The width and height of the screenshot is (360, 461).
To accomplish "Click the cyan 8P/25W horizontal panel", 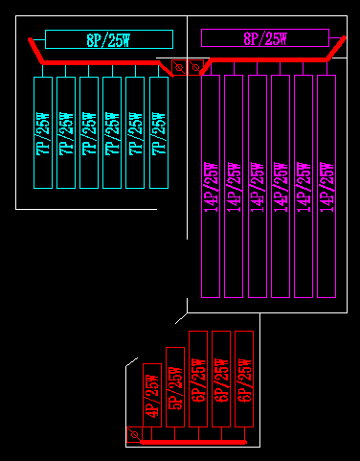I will [108, 39].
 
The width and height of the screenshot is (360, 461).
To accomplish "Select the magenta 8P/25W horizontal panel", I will [263, 38].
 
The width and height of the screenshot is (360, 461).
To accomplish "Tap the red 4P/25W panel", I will [150, 395].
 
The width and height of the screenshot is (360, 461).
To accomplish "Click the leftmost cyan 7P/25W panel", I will [42, 132].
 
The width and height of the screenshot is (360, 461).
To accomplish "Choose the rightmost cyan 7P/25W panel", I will [159, 132].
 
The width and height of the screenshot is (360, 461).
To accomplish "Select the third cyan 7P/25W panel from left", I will [89, 132].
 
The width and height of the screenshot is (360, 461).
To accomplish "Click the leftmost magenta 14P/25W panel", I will [211, 186].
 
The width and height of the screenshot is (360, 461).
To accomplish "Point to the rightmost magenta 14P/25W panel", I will [326, 186].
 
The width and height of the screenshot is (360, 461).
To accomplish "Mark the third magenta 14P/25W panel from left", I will [257, 186].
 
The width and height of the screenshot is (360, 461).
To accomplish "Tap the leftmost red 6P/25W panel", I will [198, 379].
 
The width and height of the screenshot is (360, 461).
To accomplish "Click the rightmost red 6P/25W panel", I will [244, 379].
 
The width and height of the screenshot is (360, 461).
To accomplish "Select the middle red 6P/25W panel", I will [221, 379].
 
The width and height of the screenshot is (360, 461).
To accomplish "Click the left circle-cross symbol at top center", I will [179, 67].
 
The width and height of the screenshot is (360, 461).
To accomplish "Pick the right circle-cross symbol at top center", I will [195, 67].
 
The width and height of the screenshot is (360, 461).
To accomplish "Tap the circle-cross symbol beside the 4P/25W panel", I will [133, 435].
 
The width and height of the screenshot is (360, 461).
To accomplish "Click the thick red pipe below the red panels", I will [191, 443].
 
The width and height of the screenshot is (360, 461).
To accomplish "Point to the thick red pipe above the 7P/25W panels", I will [96, 63].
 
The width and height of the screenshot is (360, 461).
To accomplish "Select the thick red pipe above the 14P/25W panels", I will [268, 63].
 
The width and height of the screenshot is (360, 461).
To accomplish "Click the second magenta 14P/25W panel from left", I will [234, 186].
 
